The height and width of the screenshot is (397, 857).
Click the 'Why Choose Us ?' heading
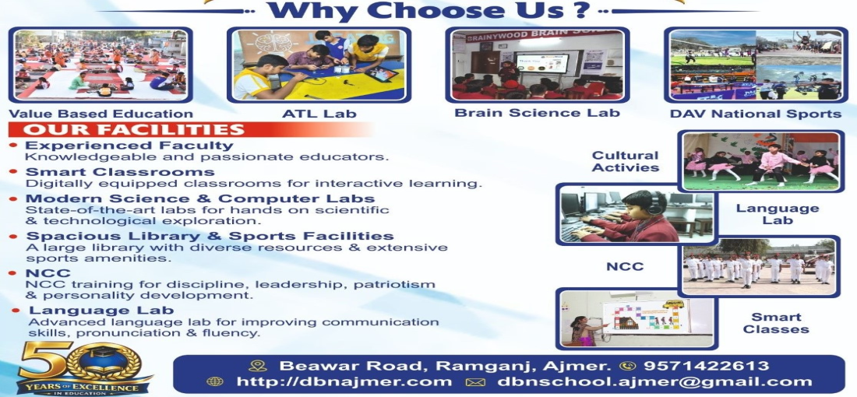429,11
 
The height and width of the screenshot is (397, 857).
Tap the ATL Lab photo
319,65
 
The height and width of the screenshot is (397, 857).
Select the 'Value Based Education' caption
101,114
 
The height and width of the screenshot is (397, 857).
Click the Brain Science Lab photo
538,65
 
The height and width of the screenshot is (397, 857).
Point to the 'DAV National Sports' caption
756,114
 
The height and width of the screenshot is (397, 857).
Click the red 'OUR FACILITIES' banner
189,129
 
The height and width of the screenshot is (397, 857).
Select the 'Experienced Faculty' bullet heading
129,146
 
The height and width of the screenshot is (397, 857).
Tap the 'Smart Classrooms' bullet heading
120,172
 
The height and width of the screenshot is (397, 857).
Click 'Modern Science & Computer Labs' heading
200,198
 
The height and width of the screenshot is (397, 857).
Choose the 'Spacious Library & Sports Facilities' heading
210,236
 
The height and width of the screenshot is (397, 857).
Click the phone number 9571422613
706,366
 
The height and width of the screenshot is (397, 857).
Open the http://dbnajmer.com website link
344,381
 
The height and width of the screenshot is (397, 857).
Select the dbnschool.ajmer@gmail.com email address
654,381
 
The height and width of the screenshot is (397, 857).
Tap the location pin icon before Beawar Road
257,366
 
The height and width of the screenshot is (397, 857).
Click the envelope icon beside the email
474,382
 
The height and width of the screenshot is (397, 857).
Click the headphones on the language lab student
653,203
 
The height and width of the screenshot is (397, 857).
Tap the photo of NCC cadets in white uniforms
760,267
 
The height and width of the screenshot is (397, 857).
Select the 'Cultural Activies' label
626,162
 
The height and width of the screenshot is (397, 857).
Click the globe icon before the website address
215,382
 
